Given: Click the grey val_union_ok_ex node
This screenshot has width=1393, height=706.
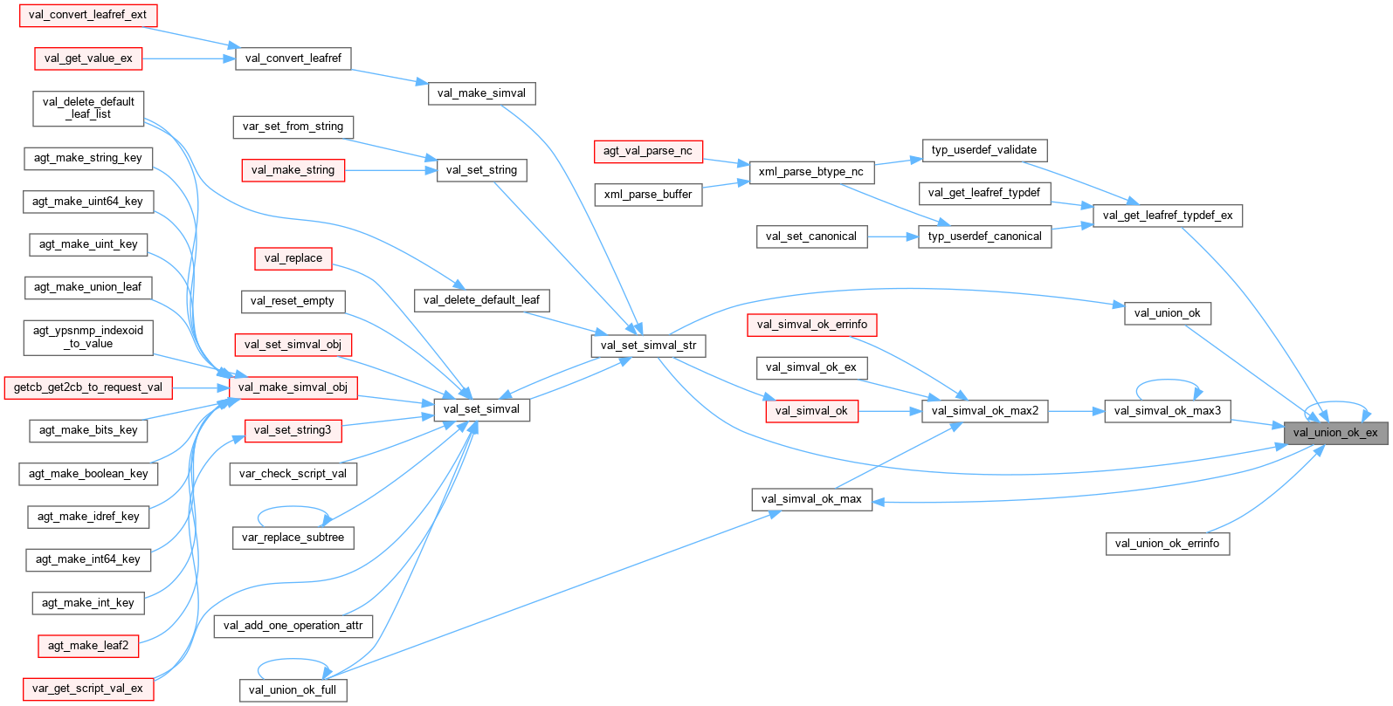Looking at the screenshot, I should (x=1334, y=432).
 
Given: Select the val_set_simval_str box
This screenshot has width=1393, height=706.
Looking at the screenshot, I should (x=648, y=345).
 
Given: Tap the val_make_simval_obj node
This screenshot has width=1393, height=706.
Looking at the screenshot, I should (x=293, y=387).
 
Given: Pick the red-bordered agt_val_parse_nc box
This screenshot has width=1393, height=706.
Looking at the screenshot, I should (x=647, y=151).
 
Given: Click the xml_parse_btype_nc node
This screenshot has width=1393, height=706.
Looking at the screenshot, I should (x=810, y=172).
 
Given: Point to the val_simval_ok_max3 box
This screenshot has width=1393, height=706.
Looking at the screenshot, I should (x=1168, y=410).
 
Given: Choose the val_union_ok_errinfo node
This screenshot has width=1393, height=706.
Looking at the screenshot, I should (x=1167, y=543).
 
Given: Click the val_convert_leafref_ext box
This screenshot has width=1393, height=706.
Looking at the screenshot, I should (x=87, y=15).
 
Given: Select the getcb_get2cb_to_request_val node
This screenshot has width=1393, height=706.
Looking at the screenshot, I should (x=87, y=387).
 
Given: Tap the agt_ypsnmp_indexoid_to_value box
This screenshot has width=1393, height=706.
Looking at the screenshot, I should (x=88, y=337).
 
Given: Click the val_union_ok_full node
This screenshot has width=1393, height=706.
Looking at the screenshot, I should (x=293, y=689).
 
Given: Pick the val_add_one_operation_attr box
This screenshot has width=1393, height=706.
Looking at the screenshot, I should (x=293, y=625).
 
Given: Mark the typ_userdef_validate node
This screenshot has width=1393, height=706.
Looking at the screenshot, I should (x=983, y=150).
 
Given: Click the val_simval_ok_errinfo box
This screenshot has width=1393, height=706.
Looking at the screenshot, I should (x=811, y=325).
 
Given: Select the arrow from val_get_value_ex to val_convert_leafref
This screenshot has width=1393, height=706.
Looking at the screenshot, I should (x=188, y=58).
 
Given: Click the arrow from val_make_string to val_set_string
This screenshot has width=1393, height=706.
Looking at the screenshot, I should (x=390, y=170).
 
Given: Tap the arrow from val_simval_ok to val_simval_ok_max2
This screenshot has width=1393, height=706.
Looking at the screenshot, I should (x=890, y=410).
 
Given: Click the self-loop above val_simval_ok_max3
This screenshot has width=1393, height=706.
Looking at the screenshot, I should (x=1168, y=381).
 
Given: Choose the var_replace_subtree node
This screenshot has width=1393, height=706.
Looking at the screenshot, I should (x=293, y=537).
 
